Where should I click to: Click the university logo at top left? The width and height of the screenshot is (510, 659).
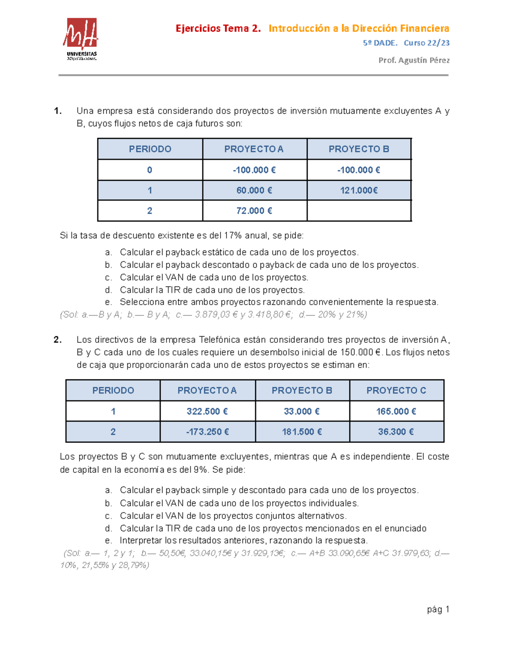(81, 39)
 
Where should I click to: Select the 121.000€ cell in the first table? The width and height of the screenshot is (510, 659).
(359, 191)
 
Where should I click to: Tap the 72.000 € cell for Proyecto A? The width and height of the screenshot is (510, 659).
(254, 211)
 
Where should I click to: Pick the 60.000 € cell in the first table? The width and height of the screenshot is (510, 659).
(254, 191)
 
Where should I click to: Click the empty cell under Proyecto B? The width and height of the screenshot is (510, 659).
(359, 211)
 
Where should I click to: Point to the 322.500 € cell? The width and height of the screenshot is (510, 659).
(207, 411)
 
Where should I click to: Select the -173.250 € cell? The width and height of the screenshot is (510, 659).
(207, 432)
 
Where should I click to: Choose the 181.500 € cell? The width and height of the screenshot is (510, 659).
(302, 432)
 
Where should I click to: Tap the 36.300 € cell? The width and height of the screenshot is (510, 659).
(396, 432)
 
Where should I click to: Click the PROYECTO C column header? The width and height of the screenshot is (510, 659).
(396, 390)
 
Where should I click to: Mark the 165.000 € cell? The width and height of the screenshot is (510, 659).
(396, 411)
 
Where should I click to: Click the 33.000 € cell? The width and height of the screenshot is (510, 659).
(302, 411)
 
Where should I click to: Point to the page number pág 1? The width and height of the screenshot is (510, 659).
(438, 609)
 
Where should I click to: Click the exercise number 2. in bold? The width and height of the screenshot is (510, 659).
(58, 340)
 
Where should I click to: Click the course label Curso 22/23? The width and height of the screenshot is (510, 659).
(426, 43)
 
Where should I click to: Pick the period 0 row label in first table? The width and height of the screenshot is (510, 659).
(150, 170)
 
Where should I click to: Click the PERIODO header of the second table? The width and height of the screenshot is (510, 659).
(113, 390)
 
